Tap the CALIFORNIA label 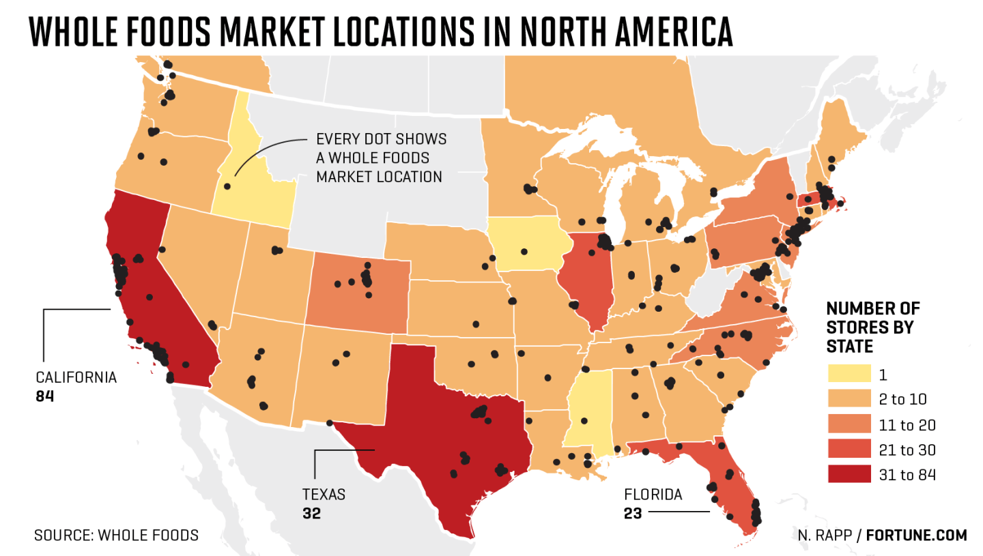[76, 377]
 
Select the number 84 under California [44, 395]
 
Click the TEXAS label [324, 495]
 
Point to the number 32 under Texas [311, 513]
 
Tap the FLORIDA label [653, 495]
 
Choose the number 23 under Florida [633, 513]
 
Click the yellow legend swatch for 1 [849, 373]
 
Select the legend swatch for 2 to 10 [849, 398]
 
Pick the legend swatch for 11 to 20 [849, 424]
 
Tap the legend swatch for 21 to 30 [849, 449]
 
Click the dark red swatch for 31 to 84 [849, 474]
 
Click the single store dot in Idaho [227, 186]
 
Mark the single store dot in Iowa [524, 251]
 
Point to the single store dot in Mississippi [584, 421]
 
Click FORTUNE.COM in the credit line [916, 536]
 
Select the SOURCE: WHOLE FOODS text [116, 536]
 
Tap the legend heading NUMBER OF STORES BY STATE [872, 327]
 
